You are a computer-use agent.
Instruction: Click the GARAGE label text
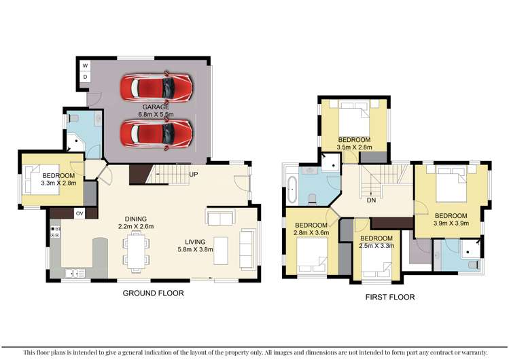point(156,107)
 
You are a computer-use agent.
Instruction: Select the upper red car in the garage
point(156,87)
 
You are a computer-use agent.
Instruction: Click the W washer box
point(85,66)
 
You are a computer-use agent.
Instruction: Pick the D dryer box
point(85,77)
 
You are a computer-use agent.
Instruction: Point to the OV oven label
point(79,214)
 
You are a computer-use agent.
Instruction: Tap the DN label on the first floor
point(371,201)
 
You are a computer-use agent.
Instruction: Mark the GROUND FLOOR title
point(153,293)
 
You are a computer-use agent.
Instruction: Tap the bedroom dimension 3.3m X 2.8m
point(60,183)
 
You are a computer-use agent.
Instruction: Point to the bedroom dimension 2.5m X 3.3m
point(376,247)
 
